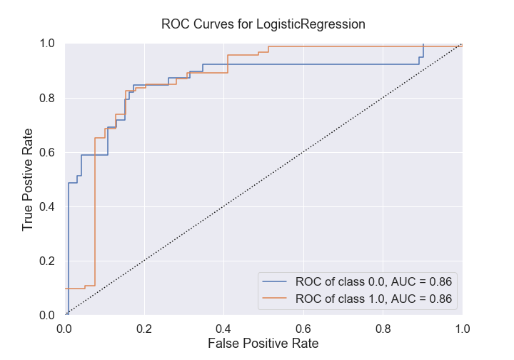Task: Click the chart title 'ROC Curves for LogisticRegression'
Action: (x=263, y=24)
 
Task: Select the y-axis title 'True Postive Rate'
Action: (x=28, y=179)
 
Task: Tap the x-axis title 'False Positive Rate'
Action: (x=263, y=344)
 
